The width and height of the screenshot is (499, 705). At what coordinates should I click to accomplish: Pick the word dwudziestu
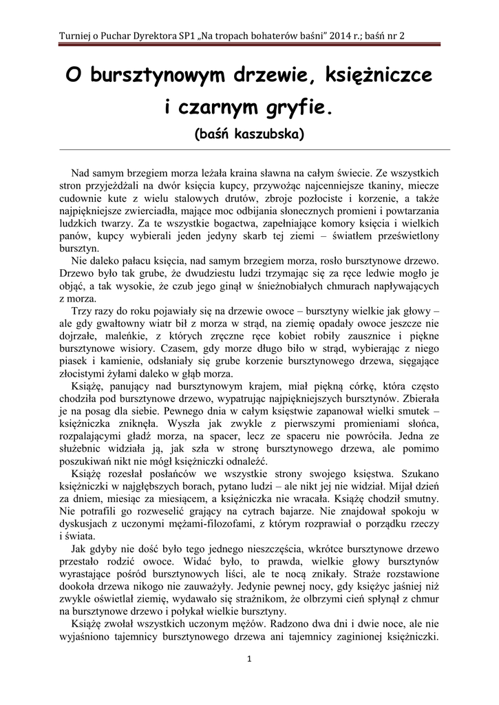[x=216, y=273]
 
